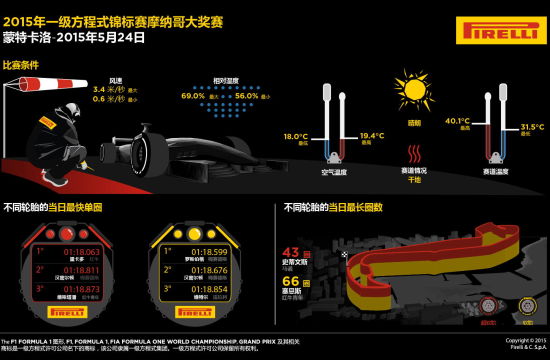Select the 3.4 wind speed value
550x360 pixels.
[99, 89]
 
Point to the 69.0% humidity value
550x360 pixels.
[192, 96]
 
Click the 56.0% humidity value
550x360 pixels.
[247, 96]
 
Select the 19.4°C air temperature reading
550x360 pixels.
[371, 135]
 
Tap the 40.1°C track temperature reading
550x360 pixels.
[456, 121]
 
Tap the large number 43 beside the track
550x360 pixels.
[293, 253]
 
